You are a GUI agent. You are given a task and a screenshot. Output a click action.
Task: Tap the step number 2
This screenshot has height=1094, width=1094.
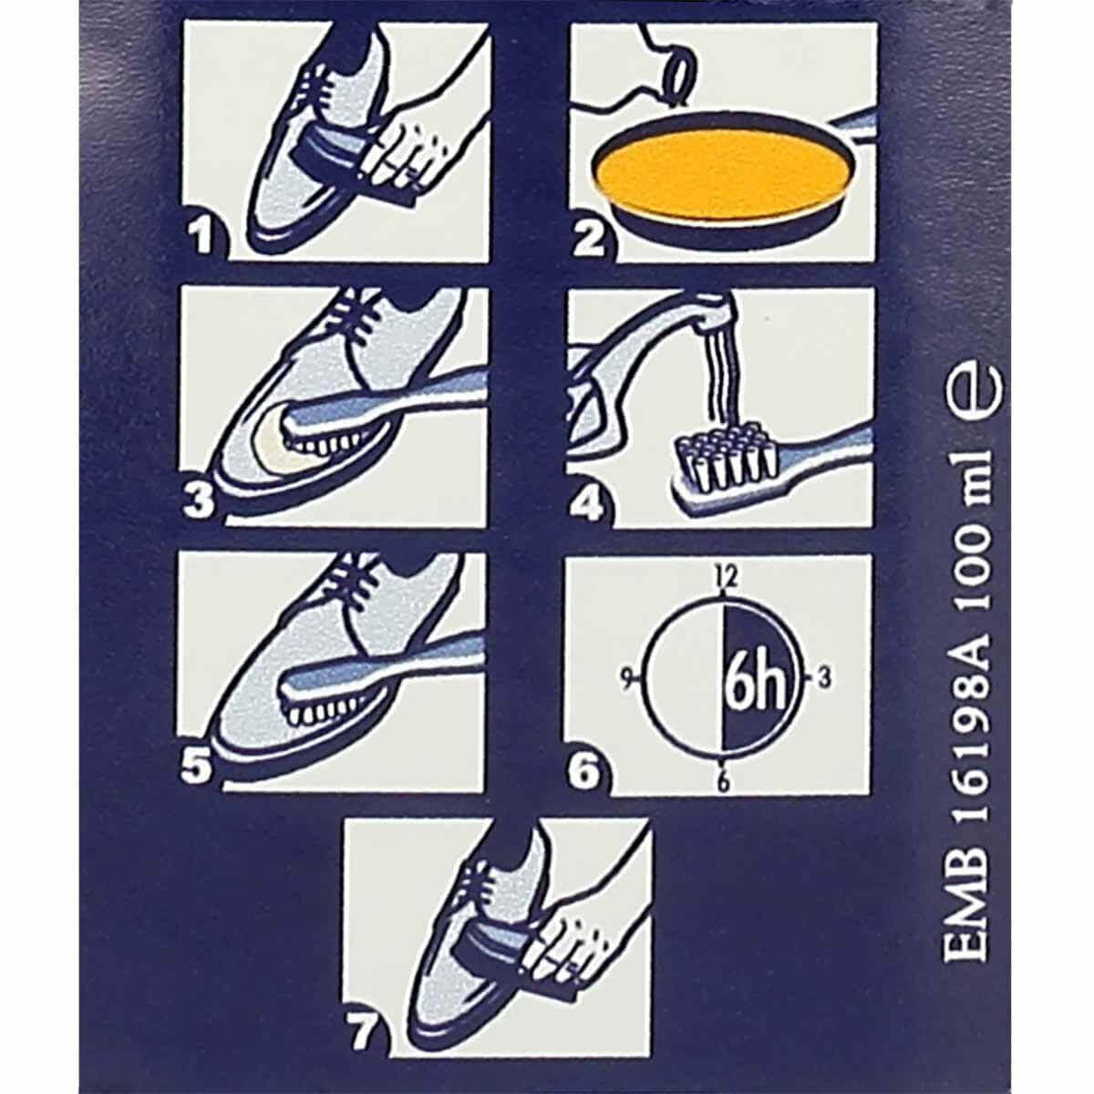(588, 240)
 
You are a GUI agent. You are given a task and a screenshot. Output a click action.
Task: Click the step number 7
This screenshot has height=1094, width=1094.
(362, 1032)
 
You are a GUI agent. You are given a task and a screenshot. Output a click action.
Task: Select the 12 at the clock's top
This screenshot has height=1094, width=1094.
(727, 576)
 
